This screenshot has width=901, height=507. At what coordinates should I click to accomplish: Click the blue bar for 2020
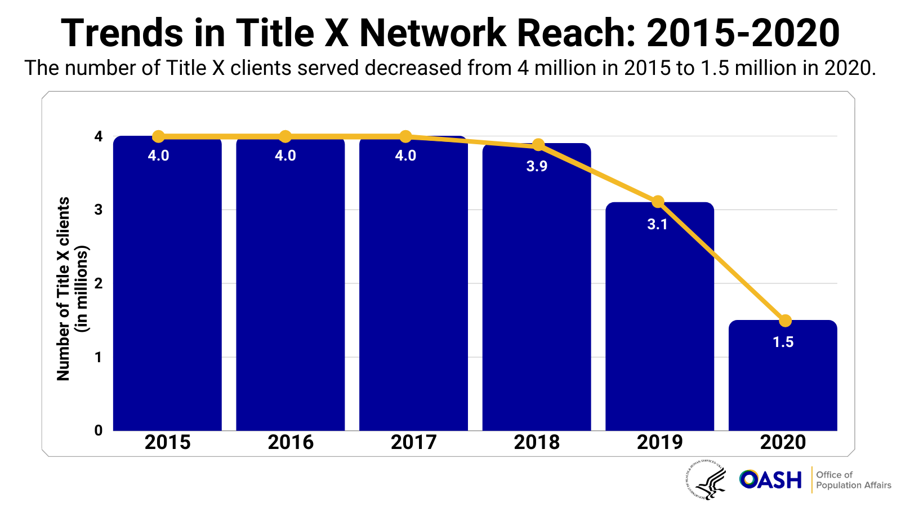coord(783,383)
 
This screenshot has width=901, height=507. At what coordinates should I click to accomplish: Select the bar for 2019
coord(659,327)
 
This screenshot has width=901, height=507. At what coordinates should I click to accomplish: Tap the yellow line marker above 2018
coord(538,145)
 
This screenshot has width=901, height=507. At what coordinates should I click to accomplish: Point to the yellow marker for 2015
coord(158,136)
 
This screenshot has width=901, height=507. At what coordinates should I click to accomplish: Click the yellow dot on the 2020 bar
coord(785,321)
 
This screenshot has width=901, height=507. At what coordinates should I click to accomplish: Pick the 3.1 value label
coord(657,225)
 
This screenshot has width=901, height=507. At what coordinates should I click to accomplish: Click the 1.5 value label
coord(783,343)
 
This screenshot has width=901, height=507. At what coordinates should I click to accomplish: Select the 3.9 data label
coord(537,167)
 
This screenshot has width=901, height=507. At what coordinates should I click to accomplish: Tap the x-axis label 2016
coord(291,442)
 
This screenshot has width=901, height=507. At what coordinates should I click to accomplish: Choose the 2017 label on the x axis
coord(413,442)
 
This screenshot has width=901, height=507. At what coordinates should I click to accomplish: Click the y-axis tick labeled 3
coord(99,210)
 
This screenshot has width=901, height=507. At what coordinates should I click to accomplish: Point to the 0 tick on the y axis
coord(99,430)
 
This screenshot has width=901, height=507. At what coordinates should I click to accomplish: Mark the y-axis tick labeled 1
coord(99,357)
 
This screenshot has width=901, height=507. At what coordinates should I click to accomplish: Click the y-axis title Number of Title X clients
coord(64,288)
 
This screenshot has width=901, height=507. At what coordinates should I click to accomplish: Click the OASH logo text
coord(770,480)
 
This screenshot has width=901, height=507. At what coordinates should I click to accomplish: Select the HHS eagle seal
coord(706,480)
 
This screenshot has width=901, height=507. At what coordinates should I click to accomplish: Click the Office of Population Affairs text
coord(853,480)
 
